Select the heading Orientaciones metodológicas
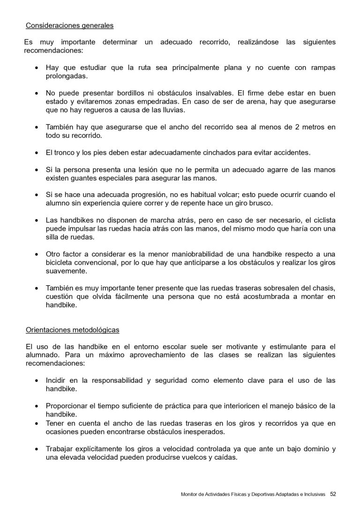coord(73,330)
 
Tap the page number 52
coord(333,494)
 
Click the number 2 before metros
coord(286,127)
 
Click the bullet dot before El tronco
coord(37,153)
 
